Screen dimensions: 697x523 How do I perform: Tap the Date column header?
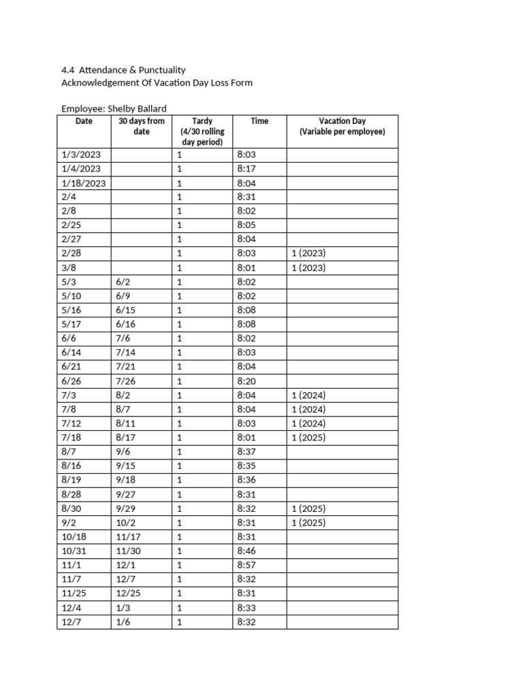pyautogui.click(x=84, y=121)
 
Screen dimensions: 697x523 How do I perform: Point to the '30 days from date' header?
pyautogui.click(x=141, y=126)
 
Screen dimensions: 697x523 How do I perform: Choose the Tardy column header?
pyautogui.click(x=202, y=121)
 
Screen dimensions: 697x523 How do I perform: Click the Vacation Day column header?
pyautogui.click(x=342, y=121)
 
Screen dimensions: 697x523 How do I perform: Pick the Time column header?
pyautogui.click(x=259, y=121)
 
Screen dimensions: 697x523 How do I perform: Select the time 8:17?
pyautogui.click(x=246, y=169)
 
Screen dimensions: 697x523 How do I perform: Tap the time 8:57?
pyautogui.click(x=246, y=565)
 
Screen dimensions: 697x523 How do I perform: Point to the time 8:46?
pyautogui.click(x=246, y=551)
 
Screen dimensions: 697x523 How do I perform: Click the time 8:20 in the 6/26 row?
pyautogui.click(x=246, y=380)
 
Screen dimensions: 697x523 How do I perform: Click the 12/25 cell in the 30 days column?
pyautogui.click(x=129, y=594)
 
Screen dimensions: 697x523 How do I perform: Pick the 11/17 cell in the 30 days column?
pyautogui.click(x=128, y=536)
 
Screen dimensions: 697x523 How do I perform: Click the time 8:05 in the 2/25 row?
pyautogui.click(x=246, y=225)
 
